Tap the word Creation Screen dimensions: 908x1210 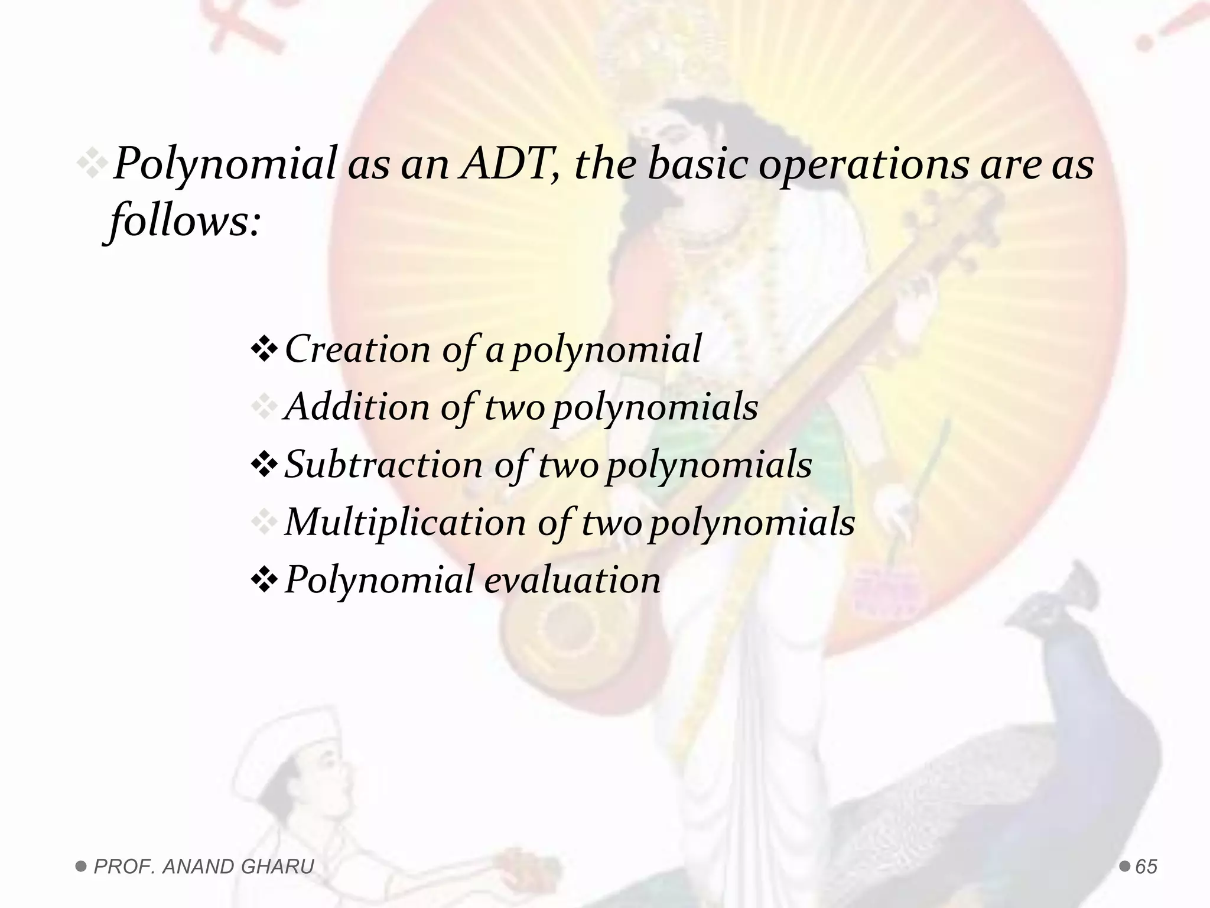pyautogui.click(x=358, y=349)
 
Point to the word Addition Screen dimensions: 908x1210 pyautogui.click(x=356, y=407)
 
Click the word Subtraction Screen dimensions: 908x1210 pyautogui.click(x=383, y=465)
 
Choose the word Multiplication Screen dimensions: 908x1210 pyautogui.click(x=405, y=523)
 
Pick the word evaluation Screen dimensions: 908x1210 pyautogui.click(x=572, y=580)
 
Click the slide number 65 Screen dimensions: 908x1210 pyautogui.click(x=1146, y=867)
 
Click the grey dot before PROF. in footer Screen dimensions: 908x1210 pyautogui.click(x=81, y=867)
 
